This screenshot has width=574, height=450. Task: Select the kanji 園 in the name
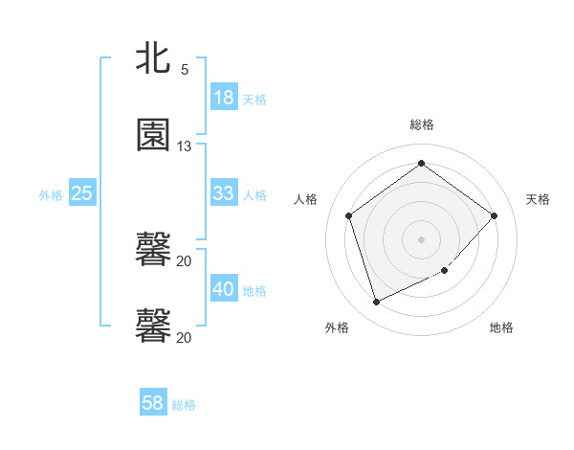153,135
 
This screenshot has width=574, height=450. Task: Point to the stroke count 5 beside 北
185,70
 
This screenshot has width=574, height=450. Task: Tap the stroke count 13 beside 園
185,146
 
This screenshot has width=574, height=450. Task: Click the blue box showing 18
223,98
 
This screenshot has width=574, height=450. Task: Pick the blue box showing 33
223,193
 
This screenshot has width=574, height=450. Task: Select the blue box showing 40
223,289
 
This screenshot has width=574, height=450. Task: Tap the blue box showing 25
81,193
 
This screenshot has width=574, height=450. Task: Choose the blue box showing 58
153,403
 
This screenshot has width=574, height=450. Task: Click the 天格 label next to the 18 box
254,99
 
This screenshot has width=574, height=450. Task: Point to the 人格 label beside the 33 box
254,194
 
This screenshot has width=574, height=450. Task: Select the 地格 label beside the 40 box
254,290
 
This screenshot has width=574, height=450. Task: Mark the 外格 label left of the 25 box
51,194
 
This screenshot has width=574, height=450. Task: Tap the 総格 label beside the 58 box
184,404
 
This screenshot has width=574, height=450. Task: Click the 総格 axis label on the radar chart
422,124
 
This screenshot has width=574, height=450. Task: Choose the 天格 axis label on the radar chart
539,199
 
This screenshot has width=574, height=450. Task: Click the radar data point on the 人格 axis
349,215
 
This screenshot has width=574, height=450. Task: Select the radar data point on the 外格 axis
376,303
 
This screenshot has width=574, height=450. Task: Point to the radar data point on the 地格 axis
444,271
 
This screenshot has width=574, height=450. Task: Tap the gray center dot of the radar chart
421,238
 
